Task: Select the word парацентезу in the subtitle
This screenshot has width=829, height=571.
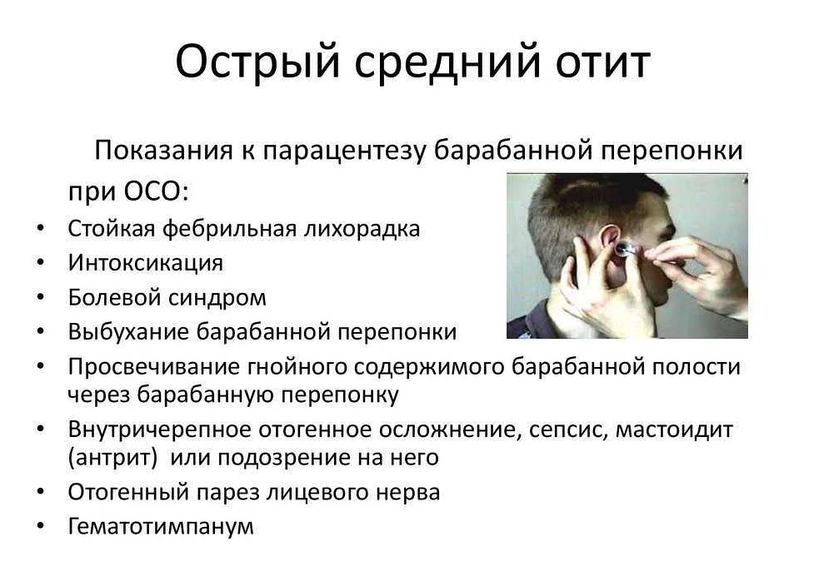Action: click(344, 151)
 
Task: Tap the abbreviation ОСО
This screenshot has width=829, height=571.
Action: click(152, 191)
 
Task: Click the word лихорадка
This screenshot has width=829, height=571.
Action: click(362, 229)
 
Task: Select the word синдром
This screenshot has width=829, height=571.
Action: click(217, 298)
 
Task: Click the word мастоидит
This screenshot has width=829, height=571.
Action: click(674, 429)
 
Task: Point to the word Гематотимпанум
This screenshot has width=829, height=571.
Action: click(161, 526)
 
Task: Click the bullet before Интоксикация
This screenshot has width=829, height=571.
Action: click(41, 262)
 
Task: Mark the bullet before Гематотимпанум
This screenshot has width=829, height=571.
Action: click(41, 525)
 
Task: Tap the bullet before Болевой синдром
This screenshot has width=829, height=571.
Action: click(41, 297)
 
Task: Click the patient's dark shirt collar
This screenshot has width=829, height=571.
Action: click(534, 317)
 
